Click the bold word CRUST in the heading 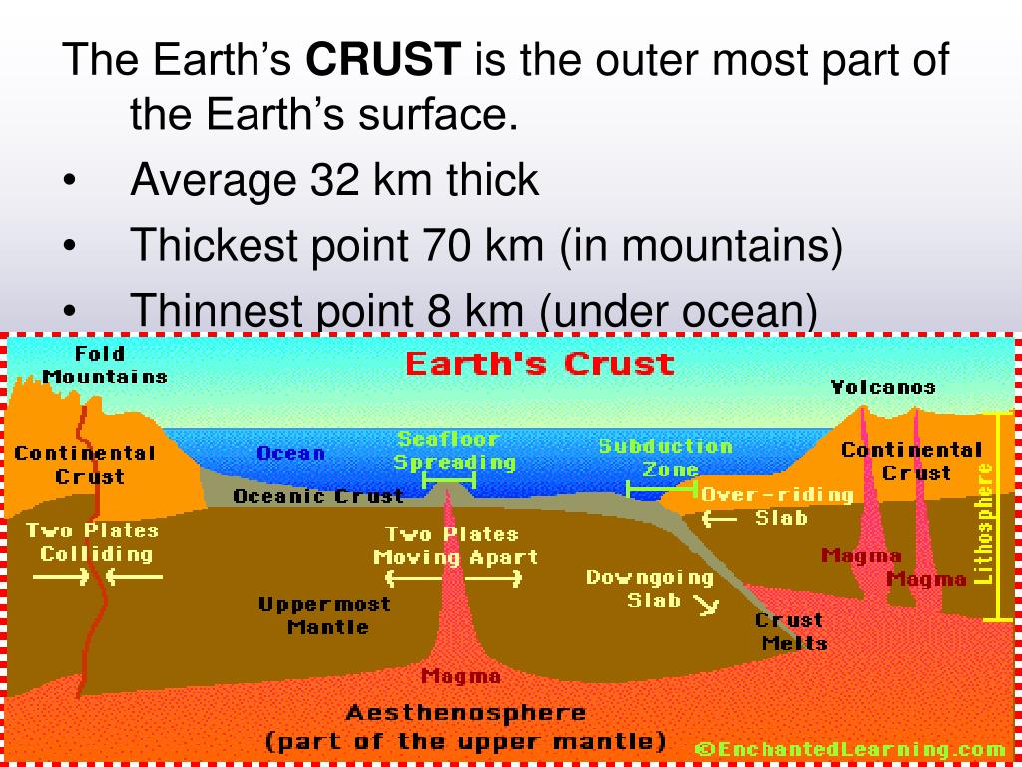(x=383, y=61)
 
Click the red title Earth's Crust (x=539, y=364)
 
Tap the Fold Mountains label (x=103, y=365)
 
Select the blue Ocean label (x=290, y=453)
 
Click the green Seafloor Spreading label (x=454, y=451)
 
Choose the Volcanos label (x=883, y=387)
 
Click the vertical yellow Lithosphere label (x=985, y=523)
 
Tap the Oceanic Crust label (x=317, y=496)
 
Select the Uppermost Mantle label (x=324, y=616)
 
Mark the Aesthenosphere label (x=465, y=713)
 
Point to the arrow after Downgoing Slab (x=706, y=604)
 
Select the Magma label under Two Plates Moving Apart (x=460, y=676)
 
